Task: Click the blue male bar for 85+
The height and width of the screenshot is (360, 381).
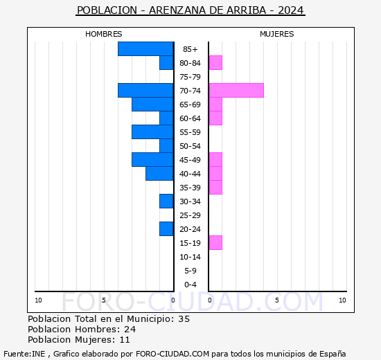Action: (x=145, y=49)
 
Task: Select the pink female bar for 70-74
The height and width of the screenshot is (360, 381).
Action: (x=236, y=91)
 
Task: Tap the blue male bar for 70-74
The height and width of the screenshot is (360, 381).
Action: (x=145, y=91)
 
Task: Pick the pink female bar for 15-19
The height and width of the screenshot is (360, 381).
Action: (x=215, y=243)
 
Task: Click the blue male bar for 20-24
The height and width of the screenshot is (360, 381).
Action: (x=166, y=229)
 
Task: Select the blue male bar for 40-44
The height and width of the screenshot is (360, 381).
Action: (x=159, y=174)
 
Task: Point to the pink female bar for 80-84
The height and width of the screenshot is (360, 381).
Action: (x=215, y=63)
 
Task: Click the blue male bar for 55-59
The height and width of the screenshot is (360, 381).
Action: (x=152, y=132)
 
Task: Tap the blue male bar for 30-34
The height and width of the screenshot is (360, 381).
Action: (x=166, y=201)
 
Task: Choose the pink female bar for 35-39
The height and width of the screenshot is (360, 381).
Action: (x=215, y=188)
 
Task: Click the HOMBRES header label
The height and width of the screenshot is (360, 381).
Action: (x=104, y=34)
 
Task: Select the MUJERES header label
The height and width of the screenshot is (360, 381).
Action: (x=276, y=34)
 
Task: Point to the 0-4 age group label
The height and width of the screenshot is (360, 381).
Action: (x=190, y=285)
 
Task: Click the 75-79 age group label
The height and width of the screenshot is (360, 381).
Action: (x=190, y=77)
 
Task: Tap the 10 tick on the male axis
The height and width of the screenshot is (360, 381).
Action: (x=38, y=300)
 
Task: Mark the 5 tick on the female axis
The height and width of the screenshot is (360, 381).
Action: (x=276, y=300)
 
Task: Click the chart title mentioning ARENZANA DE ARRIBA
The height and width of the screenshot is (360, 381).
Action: (x=190, y=11)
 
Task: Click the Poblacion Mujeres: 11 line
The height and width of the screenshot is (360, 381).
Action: (x=78, y=340)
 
